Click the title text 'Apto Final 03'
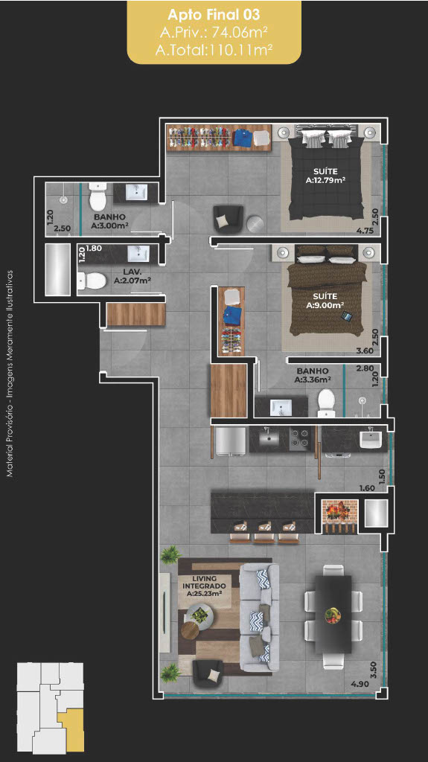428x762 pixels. [x=214, y=15]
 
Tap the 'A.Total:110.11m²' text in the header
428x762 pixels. [x=214, y=50]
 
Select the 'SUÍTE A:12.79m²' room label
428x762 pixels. [x=325, y=176]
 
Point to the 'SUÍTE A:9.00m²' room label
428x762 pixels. [x=325, y=301]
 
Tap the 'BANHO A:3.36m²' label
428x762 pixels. [x=313, y=375]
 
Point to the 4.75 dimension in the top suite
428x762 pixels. [x=364, y=231]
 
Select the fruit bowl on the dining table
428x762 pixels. [x=333, y=615]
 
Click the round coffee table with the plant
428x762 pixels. [x=200, y=615]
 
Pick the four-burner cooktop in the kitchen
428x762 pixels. [x=299, y=439]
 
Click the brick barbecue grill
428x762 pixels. [x=339, y=516]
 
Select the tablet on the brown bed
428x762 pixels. [x=348, y=316]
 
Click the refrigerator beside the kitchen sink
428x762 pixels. [x=229, y=441]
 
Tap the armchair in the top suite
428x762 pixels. [x=228, y=220]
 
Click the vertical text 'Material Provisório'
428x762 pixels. [x=10, y=439]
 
